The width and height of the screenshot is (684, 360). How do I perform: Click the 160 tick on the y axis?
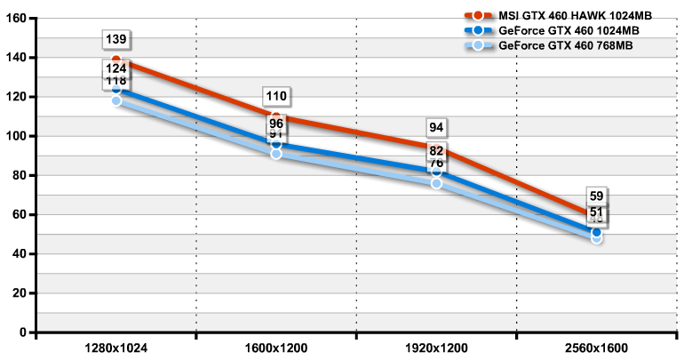click(x=17, y=19)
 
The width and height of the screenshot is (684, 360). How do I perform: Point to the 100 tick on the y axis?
click(x=17, y=136)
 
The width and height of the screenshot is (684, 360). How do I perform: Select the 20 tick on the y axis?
click(x=20, y=293)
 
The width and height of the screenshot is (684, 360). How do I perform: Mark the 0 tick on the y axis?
click(x=23, y=332)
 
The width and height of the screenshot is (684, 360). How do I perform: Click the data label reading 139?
click(x=116, y=40)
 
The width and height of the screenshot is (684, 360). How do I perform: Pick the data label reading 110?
click(x=276, y=96)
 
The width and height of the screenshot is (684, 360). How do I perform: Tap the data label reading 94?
click(x=436, y=128)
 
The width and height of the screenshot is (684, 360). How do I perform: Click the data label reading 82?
click(x=436, y=151)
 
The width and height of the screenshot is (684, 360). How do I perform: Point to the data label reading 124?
click(x=116, y=68)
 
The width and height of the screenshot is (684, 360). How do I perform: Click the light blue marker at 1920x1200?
click(x=436, y=183)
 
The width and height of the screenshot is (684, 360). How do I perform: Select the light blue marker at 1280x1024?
click(x=116, y=100)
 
